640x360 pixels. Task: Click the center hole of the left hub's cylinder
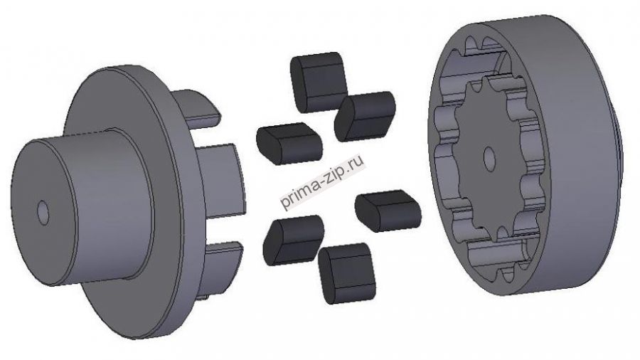tap(43, 213)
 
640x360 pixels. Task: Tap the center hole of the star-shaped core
tap(489, 159)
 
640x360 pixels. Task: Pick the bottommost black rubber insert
tap(347, 273)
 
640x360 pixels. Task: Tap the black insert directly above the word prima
tap(289, 143)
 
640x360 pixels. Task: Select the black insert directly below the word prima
tap(294, 240)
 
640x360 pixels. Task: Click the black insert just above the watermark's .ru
tap(365, 117)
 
